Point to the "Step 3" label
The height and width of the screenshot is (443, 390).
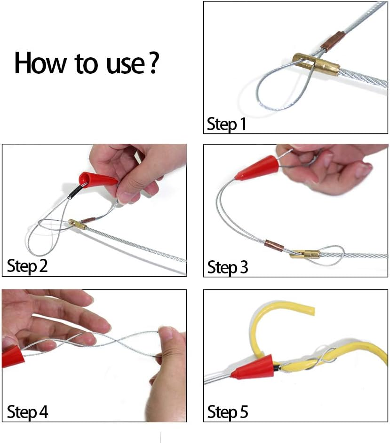click(228, 267)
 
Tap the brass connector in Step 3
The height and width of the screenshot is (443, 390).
click(304, 254)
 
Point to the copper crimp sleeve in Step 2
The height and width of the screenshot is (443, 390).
click(88, 219)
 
